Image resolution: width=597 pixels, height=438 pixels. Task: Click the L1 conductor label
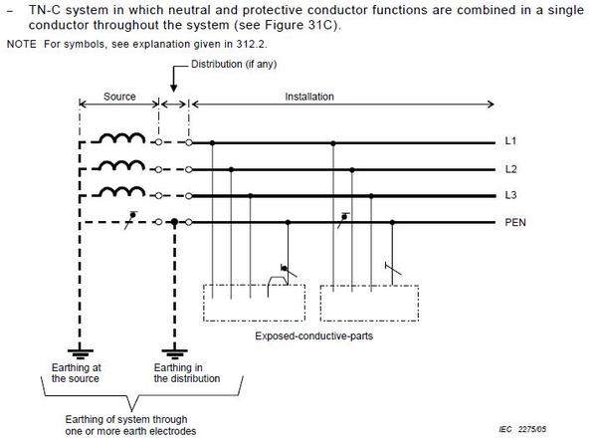510,141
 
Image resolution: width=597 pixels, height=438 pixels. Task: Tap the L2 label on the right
510,169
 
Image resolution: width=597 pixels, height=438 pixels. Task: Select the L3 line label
510,195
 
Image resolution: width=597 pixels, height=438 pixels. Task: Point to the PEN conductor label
515,222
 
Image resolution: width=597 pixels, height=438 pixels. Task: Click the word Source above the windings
119,97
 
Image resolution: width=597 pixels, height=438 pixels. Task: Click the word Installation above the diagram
309,97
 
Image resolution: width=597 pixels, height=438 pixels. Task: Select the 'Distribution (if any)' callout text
234,64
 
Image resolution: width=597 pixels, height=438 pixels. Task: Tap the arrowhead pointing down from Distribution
173,88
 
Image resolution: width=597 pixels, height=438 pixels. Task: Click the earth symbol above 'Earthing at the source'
80,353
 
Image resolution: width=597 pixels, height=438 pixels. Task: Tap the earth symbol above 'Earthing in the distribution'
174,353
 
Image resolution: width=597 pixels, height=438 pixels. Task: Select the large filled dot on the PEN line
174,222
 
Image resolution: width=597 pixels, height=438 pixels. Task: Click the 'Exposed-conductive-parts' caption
314,335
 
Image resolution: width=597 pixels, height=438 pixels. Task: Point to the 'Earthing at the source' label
77,373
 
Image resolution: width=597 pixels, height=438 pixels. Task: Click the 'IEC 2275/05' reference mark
522,429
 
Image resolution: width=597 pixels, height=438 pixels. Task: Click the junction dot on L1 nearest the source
213,142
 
